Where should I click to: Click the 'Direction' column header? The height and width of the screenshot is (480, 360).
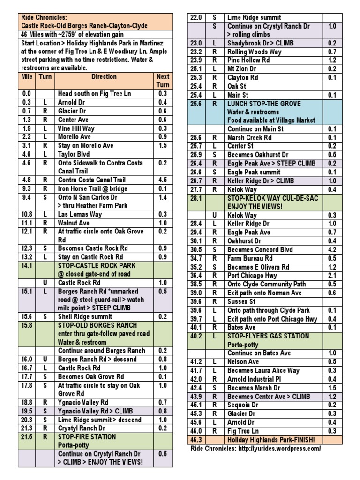click(104, 76)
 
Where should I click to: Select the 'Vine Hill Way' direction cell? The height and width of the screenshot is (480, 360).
click(76, 128)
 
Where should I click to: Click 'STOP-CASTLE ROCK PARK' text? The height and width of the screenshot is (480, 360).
click(97, 265)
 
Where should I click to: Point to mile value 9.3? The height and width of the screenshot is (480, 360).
click(26, 188)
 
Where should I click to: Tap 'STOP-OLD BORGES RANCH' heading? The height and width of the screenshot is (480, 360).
click(97, 325)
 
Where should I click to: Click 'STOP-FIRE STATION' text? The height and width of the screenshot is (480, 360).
click(87, 437)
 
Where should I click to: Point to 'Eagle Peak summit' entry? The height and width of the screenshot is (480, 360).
click(254, 172)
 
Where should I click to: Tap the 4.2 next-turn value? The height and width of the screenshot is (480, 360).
click(332, 250)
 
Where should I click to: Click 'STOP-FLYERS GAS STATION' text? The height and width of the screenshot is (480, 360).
click(268, 336)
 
